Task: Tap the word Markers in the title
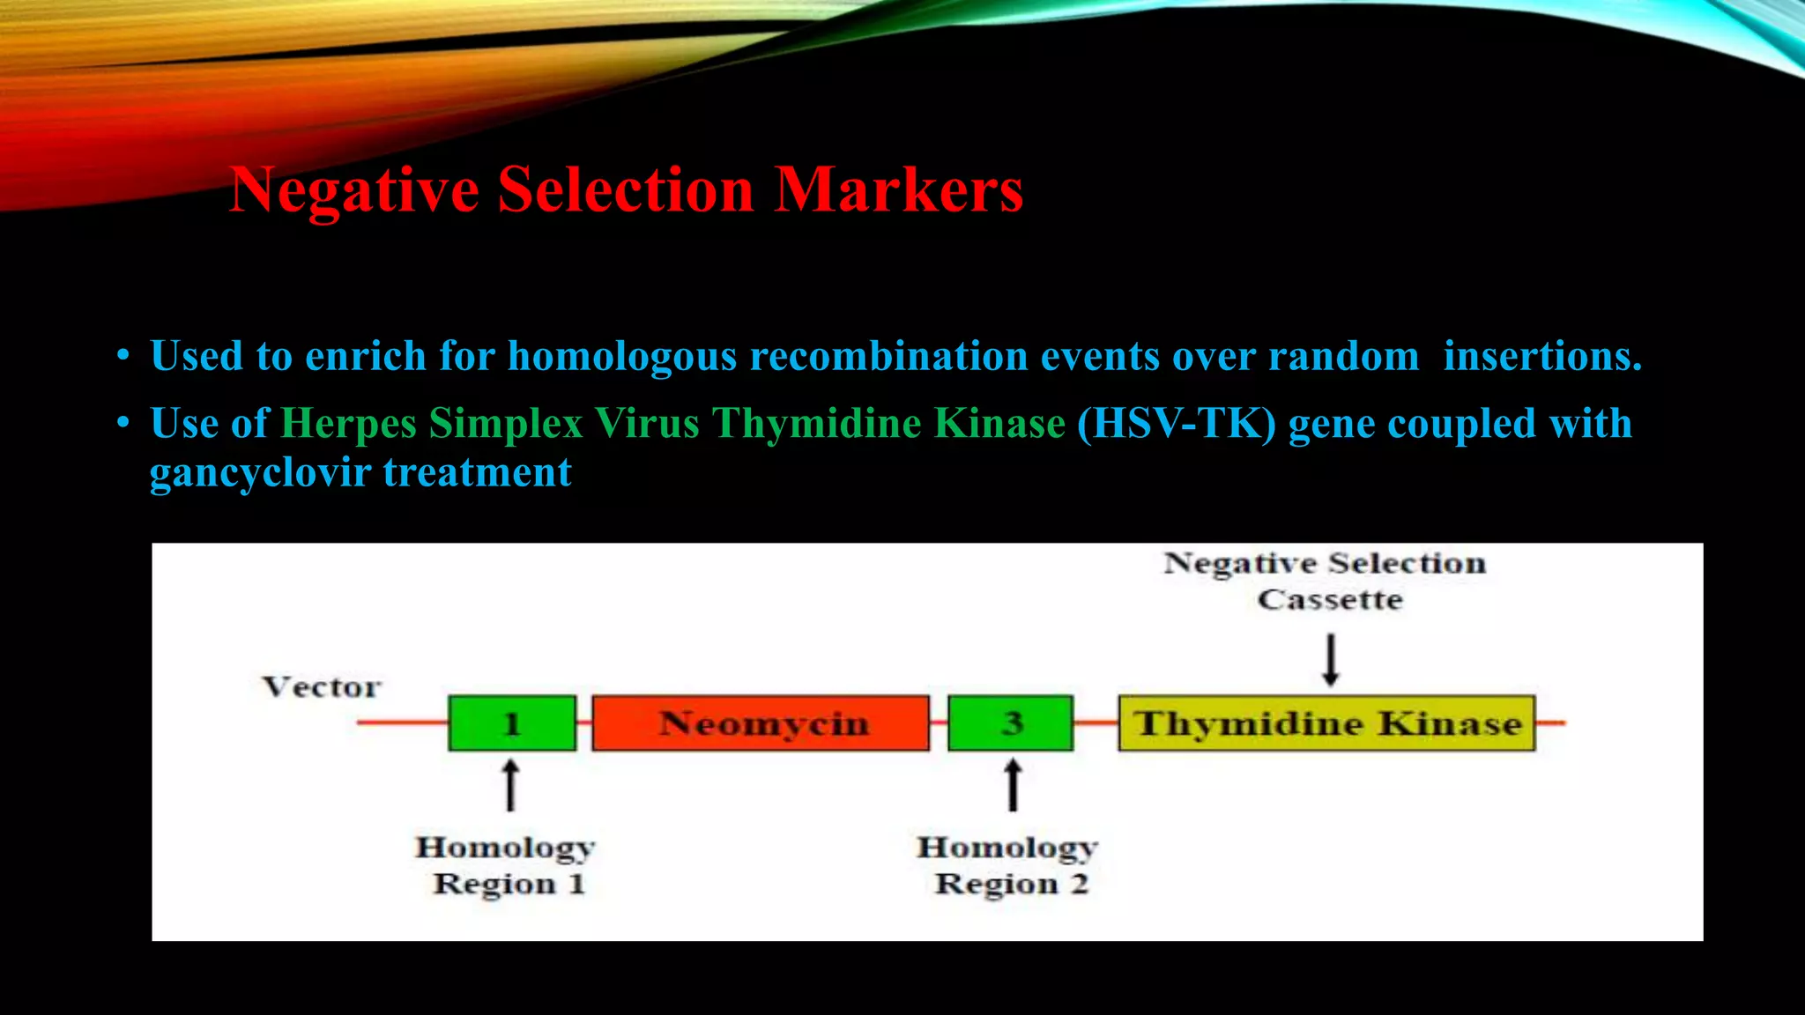click(898, 190)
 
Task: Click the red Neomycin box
click(761, 723)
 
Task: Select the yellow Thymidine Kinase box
click(1326, 723)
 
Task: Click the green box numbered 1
click(512, 723)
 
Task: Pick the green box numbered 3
click(1011, 723)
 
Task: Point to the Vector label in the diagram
click(322, 687)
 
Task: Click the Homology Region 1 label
click(506, 865)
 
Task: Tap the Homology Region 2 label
click(1008, 865)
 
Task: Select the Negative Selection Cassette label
click(1326, 581)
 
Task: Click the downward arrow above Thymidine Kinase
click(1331, 661)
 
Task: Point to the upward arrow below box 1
click(510, 786)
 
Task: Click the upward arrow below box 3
click(1014, 786)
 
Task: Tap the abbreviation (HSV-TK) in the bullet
click(1177, 424)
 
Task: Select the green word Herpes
click(348, 424)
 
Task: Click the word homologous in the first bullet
click(621, 357)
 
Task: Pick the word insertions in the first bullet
click(1542, 357)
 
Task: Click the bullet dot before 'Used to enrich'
click(123, 357)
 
